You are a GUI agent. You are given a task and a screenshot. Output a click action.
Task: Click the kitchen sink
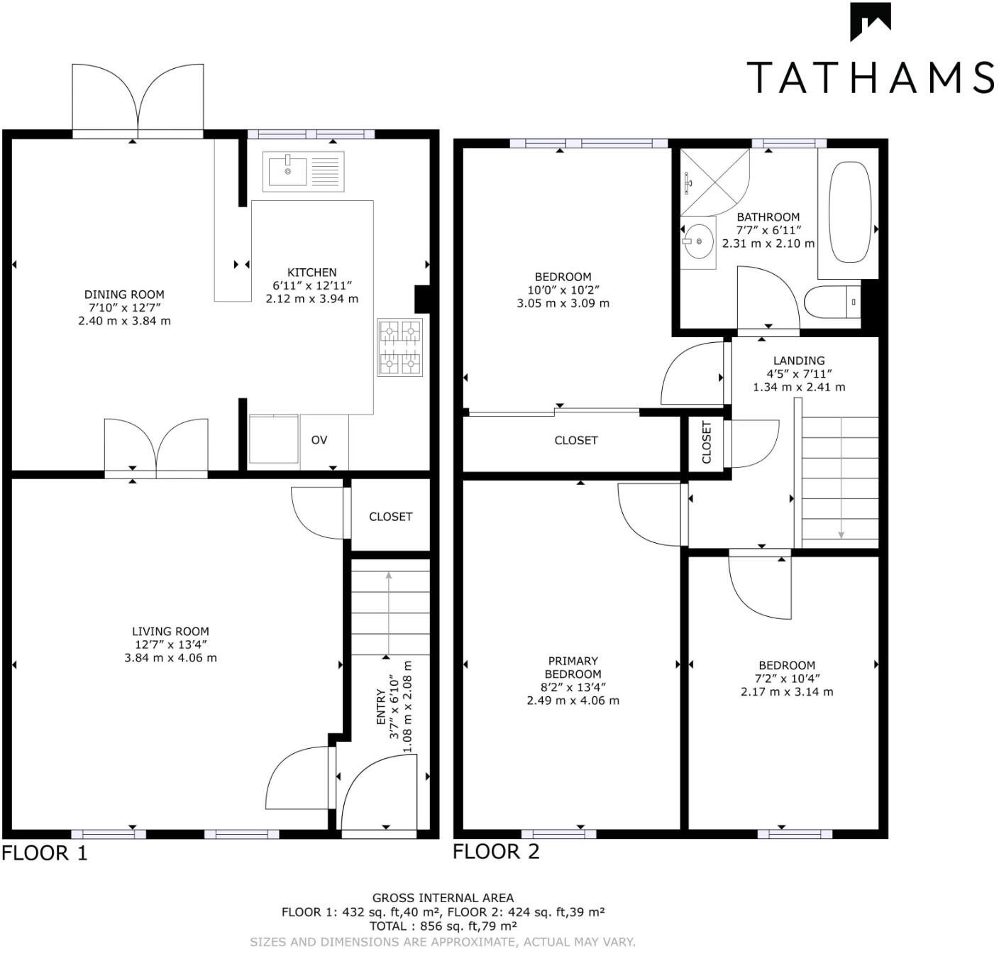click(x=303, y=171)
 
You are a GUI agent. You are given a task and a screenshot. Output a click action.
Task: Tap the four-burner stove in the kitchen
click(x=400, y=347)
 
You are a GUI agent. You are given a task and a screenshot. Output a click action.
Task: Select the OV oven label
click(x=319, y=440)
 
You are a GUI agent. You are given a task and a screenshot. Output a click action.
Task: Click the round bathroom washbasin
click(x=699, y=242)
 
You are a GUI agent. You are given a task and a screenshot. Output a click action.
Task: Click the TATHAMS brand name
click(x=870, y=77)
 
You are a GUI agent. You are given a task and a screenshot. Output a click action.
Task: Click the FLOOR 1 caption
click(x=45, y=852)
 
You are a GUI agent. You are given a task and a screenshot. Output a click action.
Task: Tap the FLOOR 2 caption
click(x=496, y=851)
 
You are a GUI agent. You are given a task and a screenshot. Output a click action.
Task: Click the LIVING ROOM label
click(x=170, y=631)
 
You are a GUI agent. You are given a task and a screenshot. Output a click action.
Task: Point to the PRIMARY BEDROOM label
click(x=573, y=667)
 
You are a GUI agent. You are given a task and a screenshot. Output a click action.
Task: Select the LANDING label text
click(x=799, y=361)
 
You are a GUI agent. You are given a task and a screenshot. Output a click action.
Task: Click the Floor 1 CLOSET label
click(x=390, y=517)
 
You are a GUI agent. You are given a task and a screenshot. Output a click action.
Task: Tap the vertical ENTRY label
click(x=380, y=706)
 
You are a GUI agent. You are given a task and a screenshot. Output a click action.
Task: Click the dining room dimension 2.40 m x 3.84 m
click(x=124, y=321)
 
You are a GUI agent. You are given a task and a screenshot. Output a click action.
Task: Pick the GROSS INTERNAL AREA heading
click(x=443, y=898)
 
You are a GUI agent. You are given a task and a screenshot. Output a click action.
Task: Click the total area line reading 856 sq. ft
click(x=443, y=926)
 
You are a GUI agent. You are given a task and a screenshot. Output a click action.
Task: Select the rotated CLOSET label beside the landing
click(x=707, y=442)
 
